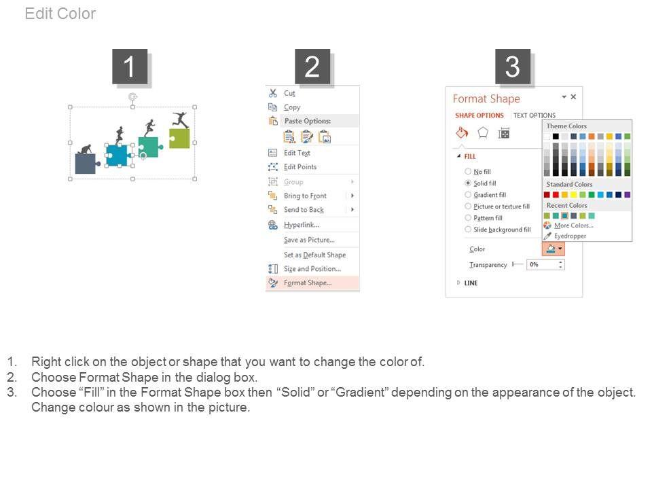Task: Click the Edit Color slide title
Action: coord(60,14)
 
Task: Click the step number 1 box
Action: coord(130,67)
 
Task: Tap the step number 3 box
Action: coord(512,67)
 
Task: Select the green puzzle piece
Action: coord(179,138)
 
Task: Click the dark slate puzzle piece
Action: coord(86,164)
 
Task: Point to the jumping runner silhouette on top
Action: coord(181,120)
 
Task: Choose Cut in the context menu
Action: coord(289,93)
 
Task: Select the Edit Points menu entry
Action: coord(300,167)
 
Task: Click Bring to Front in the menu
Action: coord(305,196)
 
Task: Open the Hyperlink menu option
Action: coord(302,225)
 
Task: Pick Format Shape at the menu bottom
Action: coord(308,283)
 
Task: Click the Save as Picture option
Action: coord(310,240)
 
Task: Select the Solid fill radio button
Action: coord(468,183)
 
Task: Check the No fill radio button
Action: coord(468,171)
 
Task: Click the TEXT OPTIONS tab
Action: coord(535,115)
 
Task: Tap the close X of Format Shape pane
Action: coord(573,97)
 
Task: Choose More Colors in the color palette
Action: coord(574,225)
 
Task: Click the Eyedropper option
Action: coord(570,236)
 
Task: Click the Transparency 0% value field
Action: coord(545,264)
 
